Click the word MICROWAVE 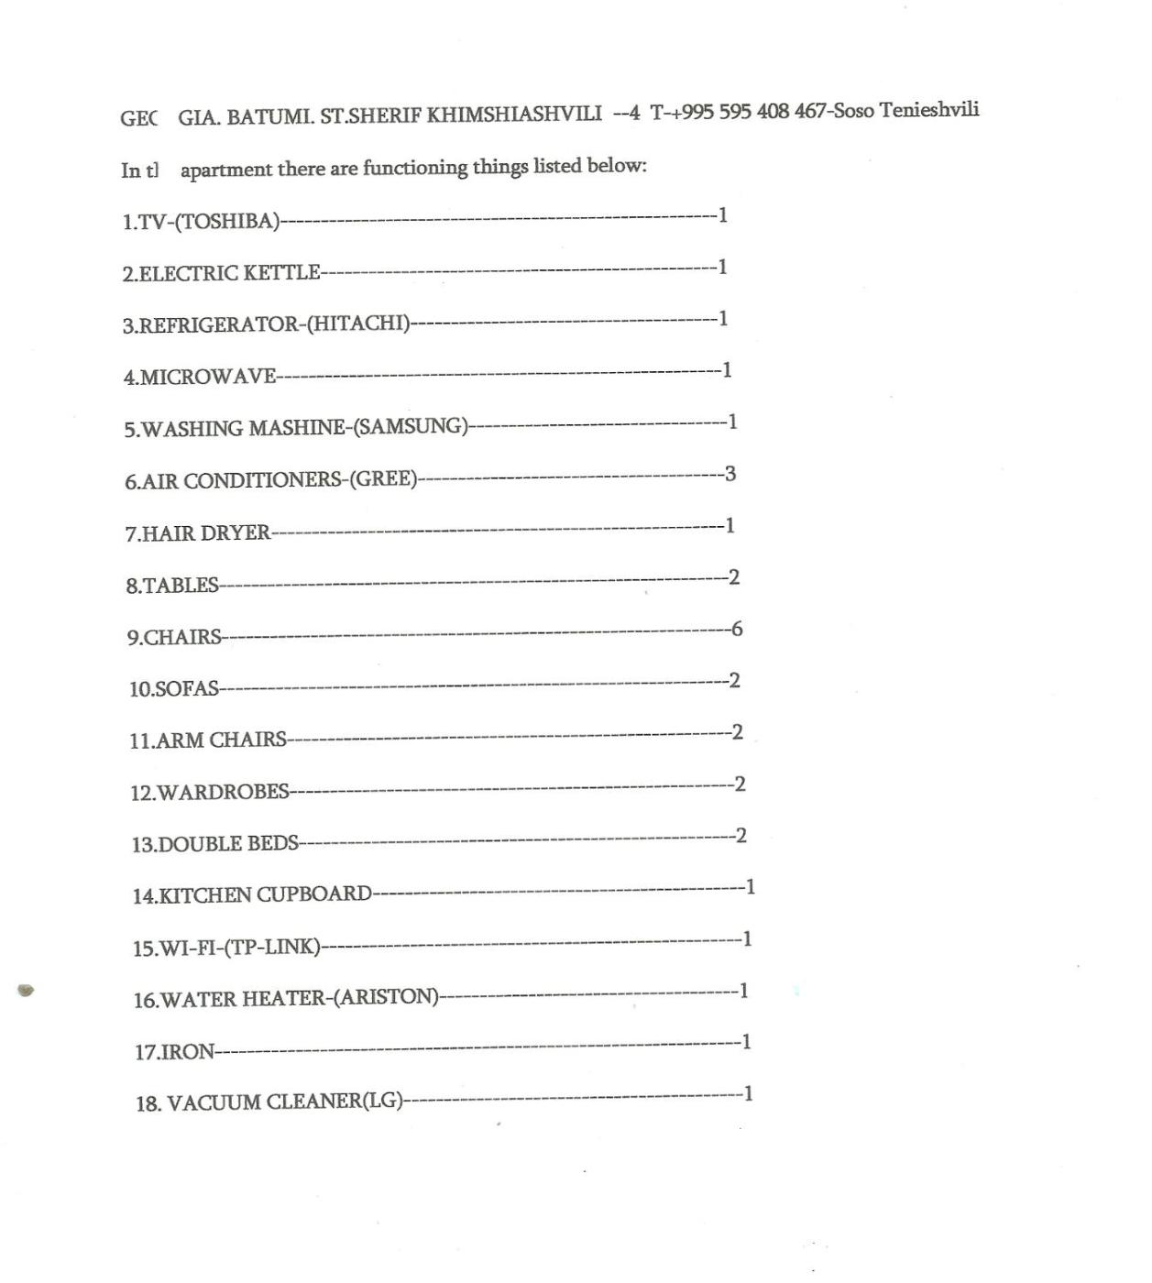(x=208, y=377)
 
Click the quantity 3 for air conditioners (x=730, y=474)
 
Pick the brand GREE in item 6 (x=383, y=479)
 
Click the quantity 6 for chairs (x=737, y=629)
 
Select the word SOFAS (x=187, y=688)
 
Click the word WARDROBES (x=224, y=792)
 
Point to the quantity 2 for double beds (x=741, y=836)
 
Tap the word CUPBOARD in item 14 (x=313, y=894)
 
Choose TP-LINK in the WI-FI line (x=272, y=947)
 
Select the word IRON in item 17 (x=187, y=1051)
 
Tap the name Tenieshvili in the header (x=929, y=110)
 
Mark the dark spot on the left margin (x=26, y=990)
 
